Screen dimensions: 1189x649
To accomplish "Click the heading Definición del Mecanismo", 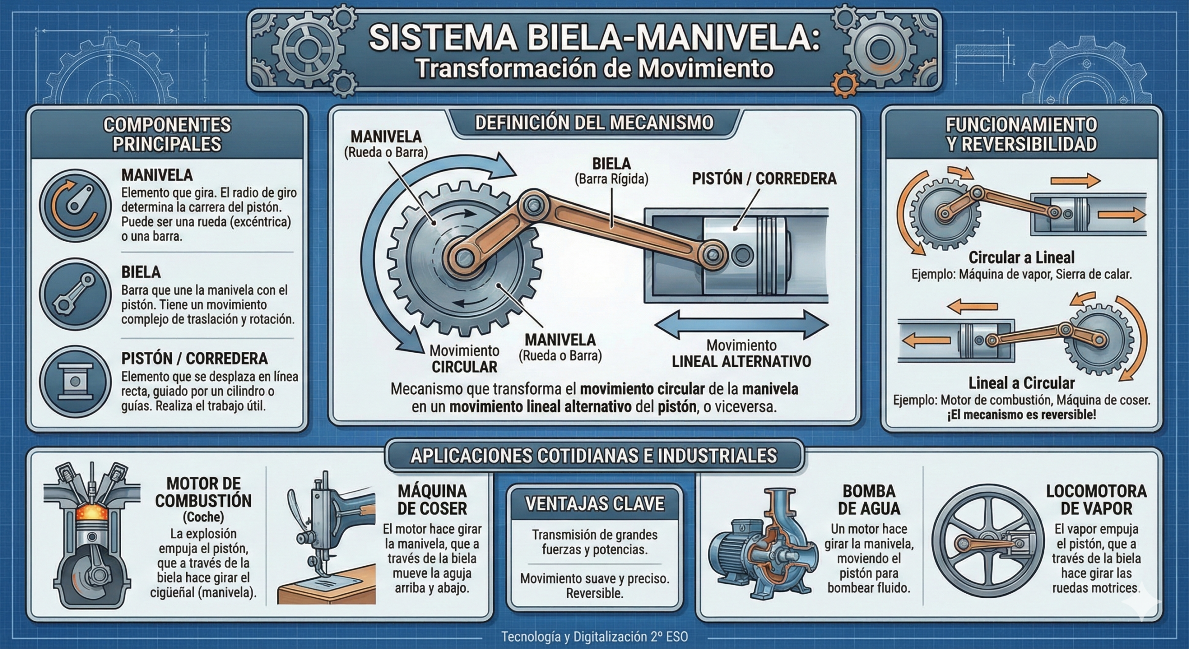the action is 594,123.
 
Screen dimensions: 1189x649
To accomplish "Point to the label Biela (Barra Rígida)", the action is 611,171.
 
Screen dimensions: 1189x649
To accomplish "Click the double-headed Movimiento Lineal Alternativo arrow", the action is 741,324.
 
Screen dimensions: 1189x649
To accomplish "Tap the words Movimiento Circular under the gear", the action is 464,358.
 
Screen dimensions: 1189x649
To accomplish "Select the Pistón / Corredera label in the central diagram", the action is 764,179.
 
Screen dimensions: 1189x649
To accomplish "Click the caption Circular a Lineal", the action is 1021,258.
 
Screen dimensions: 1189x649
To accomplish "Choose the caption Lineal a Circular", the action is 1021,383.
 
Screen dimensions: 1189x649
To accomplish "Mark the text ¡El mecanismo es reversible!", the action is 1021,415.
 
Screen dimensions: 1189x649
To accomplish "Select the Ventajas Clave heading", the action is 595,504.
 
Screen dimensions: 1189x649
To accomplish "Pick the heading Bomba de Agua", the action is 869,500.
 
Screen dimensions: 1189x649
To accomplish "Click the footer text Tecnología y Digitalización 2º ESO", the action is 594,636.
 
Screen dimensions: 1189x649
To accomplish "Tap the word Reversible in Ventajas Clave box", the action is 594,593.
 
